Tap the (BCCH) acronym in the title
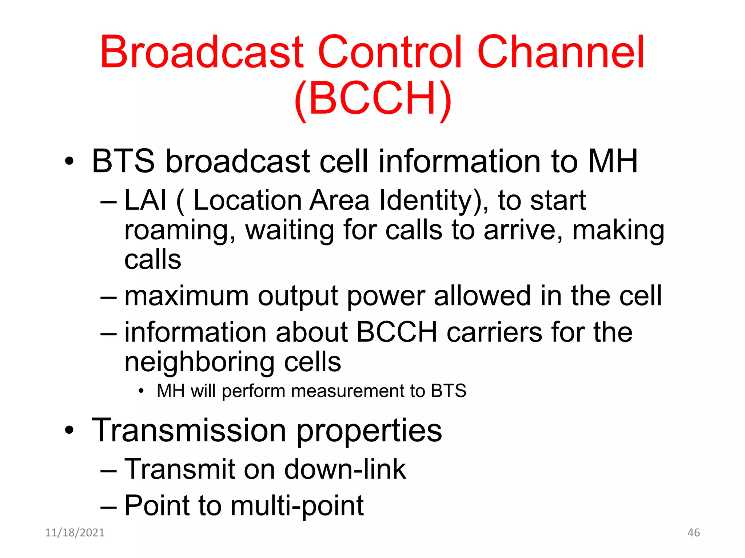(x=372, y=98)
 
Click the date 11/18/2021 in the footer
(x=75, y=533)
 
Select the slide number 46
(x=693, y=533)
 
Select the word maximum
(x=187, y=296)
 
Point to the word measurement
(x=348, y=391)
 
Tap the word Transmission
(x=189, y=430)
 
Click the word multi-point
(x=297, y=506)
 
